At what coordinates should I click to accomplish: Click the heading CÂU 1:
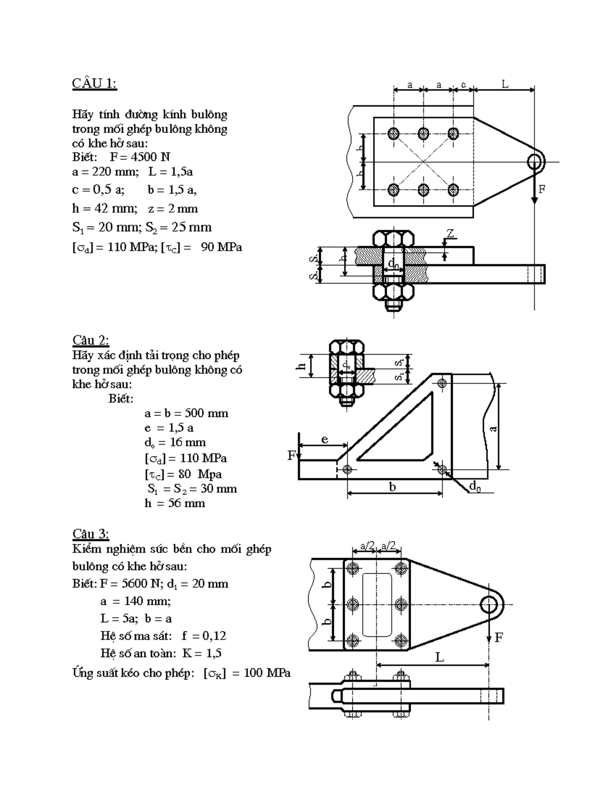[x=94, y=84]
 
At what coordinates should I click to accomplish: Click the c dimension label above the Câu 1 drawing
[x=464, y=85]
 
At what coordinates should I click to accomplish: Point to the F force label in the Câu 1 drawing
[x=542, y=189]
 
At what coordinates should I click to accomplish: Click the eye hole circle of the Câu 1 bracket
[x=536, y=161]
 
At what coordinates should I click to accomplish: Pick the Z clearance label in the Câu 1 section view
[x=451, y=234]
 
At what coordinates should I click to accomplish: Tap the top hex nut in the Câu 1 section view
[x=393, y=239]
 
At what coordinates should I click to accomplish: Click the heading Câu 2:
[x=91, y=340]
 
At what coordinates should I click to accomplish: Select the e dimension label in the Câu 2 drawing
[x=325, y=439]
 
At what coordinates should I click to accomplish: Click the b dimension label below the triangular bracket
[x=392, y=487]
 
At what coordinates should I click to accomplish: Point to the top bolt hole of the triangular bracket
[x=442, y=383]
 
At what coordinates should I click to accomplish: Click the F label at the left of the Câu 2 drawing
[x=292, y=456]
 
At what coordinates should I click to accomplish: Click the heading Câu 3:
[x=91, y=533]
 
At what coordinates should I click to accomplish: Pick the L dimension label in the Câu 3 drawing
[x=439, y=657]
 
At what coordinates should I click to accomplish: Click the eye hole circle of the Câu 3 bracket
[x=489, y=604]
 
